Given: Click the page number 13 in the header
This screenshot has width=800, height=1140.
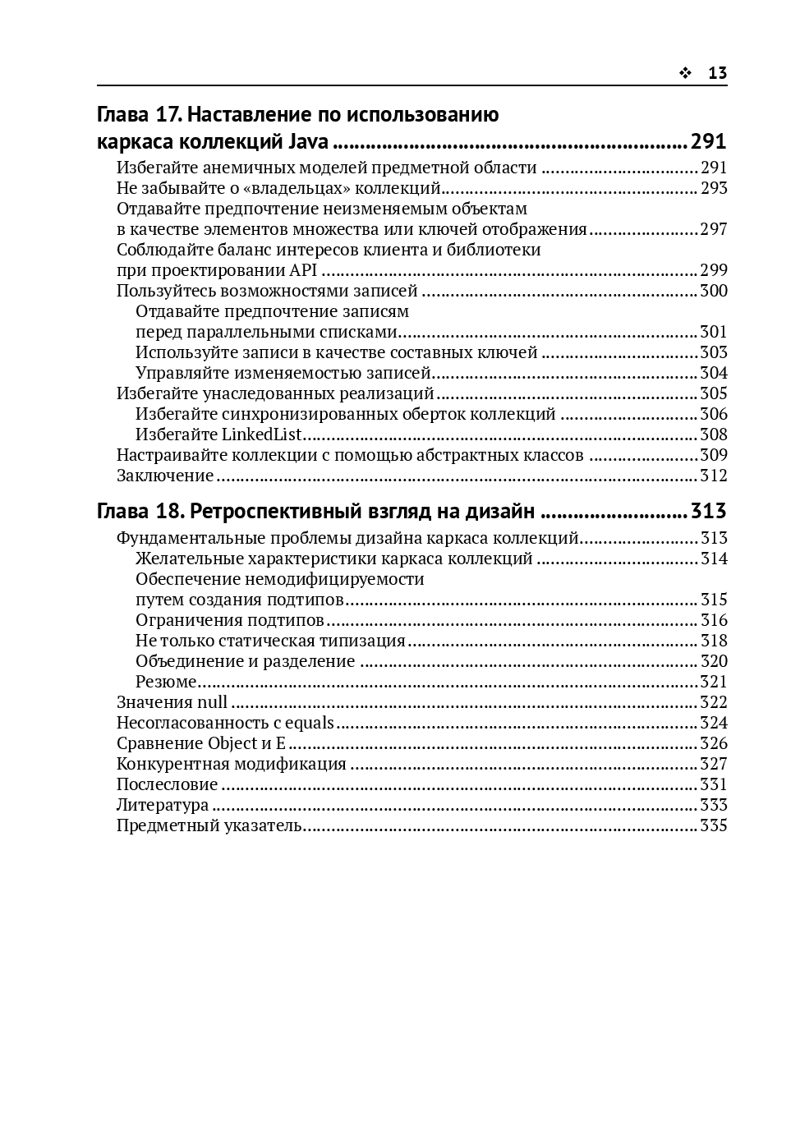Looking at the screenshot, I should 717,73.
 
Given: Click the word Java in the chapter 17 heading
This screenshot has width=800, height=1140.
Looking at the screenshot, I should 309,141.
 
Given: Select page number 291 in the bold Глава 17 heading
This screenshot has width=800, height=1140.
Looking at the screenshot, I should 708,141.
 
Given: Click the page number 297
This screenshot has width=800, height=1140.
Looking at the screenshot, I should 713,229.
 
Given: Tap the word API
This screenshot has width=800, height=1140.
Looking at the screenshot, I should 303,270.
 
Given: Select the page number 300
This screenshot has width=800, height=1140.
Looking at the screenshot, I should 713,291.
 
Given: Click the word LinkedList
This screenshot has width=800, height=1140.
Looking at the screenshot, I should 262,434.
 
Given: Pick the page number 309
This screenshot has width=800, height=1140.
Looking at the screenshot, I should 713,455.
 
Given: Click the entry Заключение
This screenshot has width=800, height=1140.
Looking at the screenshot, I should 165,476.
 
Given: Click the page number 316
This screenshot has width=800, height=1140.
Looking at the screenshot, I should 713,620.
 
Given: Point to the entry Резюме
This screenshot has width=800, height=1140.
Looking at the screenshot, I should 166,682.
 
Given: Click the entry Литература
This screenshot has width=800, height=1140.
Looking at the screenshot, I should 163,805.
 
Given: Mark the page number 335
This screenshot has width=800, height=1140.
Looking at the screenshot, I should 713,825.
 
